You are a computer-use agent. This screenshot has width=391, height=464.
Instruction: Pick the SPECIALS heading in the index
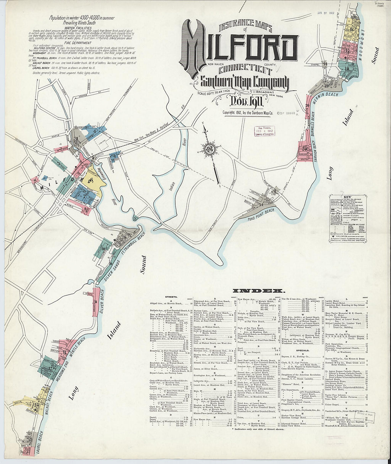pyautogui.click(x=302, y=350)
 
